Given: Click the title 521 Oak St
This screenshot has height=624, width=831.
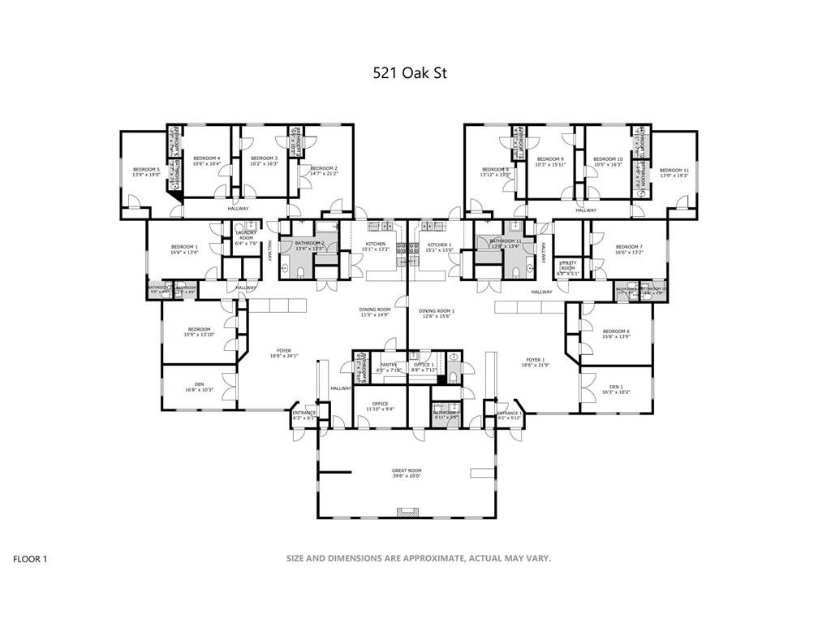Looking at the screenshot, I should click(410, 72).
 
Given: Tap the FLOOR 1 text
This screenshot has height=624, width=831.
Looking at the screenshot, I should click(31, 559).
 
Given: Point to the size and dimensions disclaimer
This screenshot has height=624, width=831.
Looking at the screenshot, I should click(418, 558).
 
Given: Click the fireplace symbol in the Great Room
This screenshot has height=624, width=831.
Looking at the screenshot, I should click(407, 512).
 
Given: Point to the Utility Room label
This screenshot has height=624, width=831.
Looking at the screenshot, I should click(566, 266).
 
